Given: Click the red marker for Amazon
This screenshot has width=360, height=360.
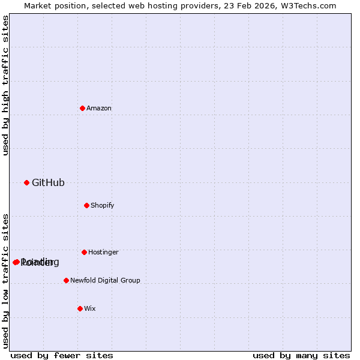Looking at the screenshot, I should pyautogui.click(x=82, y=108).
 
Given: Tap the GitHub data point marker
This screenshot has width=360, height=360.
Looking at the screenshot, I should pyautogui.click(x=26, y=182).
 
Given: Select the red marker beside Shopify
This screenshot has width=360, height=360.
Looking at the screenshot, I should pyautogui.click(x=86, y=205).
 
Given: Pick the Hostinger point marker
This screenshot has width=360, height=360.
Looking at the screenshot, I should pyautogui.click(x=84, y=252).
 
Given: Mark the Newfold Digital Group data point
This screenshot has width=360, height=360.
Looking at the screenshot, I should pyautogui.click(x=66, y=280).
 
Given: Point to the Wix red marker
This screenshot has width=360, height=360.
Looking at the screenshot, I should pyautogui.click(x=80, y=308).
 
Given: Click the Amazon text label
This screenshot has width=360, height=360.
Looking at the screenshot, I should pyautogui.click(x=99, y=109).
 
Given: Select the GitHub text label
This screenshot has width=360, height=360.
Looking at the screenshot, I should pyautogui.click(x=48, y=183).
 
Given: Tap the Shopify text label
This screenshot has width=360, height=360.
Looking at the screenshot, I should pyautogui.click(x=103, y=206).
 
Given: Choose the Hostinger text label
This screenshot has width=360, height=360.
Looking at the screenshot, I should pyautogui.click(x=103, y=253).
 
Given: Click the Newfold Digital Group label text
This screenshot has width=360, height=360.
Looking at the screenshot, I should pyautogui.click(x=105, y=281).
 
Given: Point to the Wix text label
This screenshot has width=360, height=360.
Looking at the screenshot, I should pyautogui.click(x=90, y=309).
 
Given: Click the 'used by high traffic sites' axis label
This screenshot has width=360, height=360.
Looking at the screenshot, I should pyautogui.click(x=6, y=85).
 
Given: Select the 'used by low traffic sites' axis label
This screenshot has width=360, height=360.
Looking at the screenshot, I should pyautogui.click(x=6, y=281).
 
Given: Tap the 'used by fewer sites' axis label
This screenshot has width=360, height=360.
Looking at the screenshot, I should pyautogui.click(x=62, y=356).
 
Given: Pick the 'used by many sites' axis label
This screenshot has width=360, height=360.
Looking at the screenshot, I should pyautogui.click(x=301, y=356).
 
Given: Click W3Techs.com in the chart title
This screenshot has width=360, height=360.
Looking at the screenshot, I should pyautogui.click(x=310, y=5).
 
